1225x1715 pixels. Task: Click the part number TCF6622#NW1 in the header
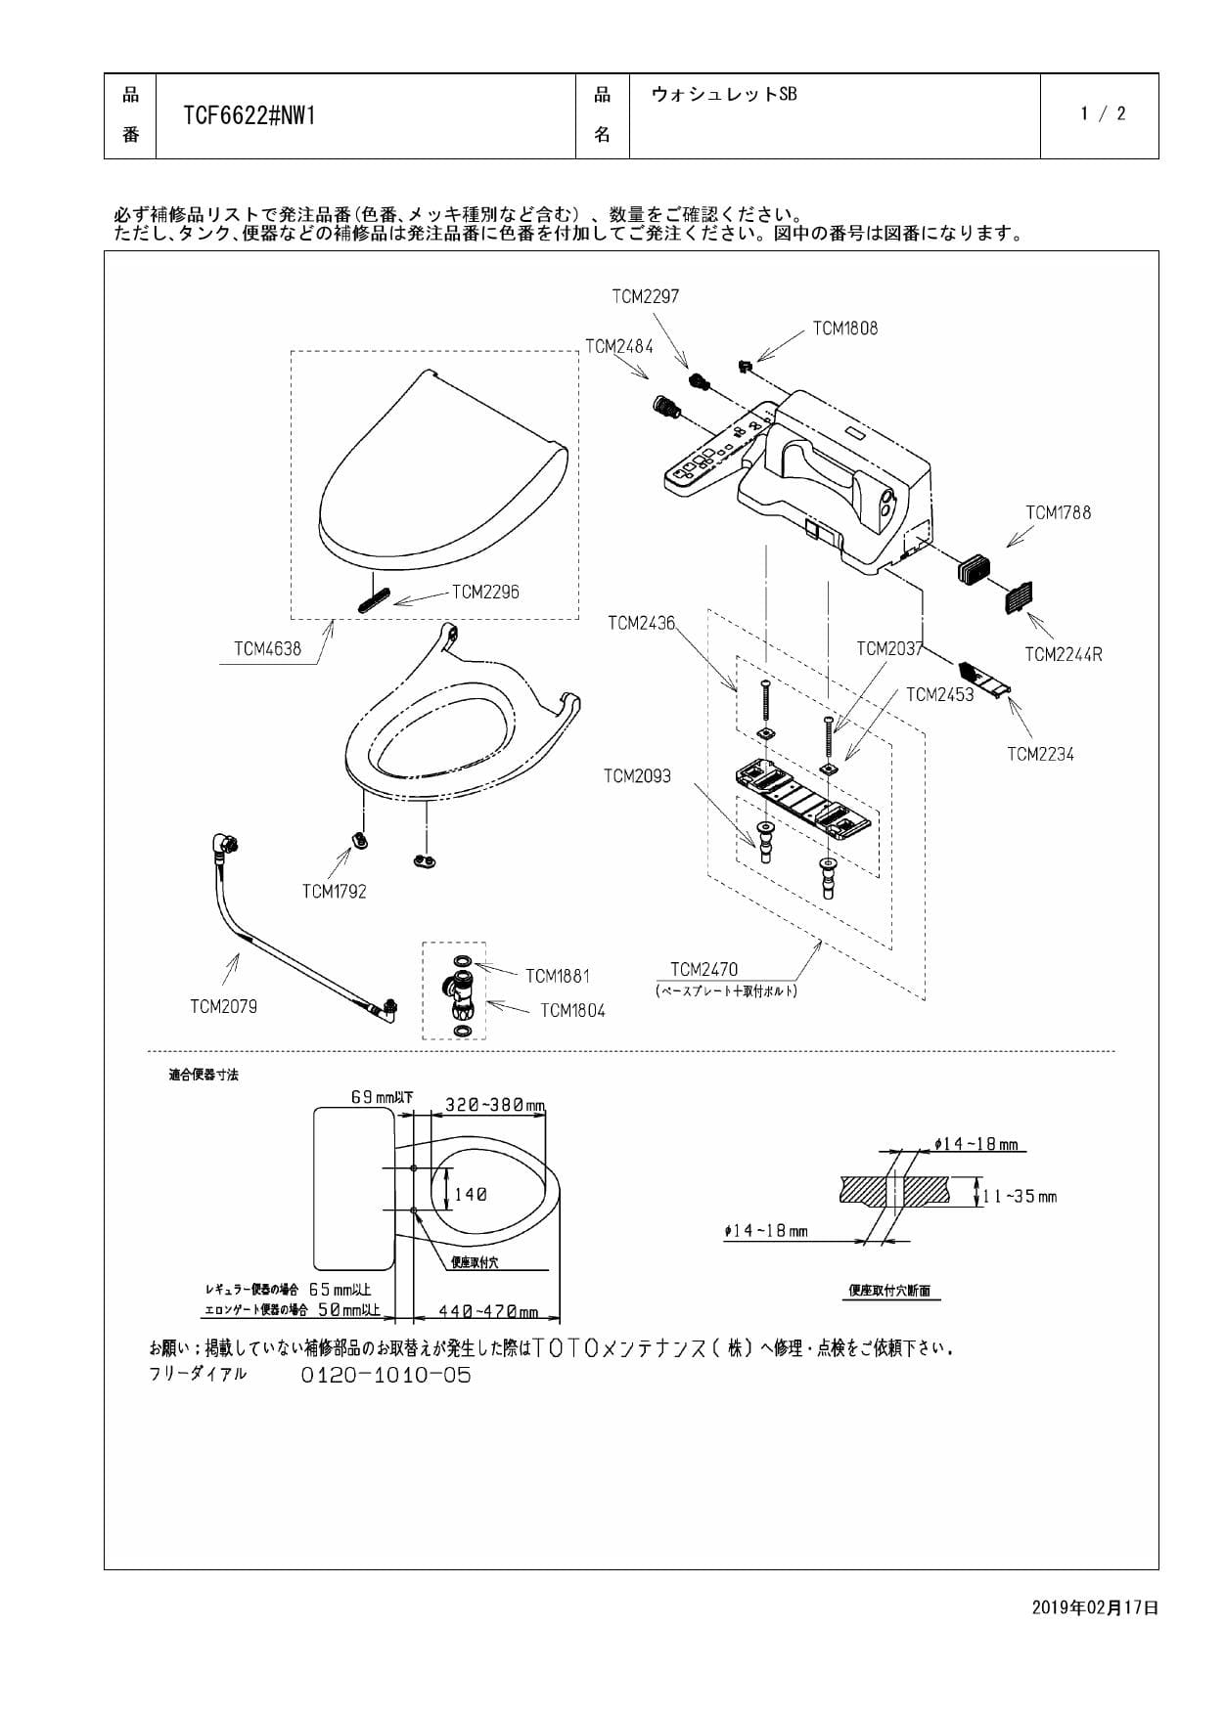250,116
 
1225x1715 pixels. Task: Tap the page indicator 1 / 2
1103,113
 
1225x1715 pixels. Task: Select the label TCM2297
645,296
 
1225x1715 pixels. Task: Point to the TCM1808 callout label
845,329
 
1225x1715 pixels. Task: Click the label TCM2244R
1063,654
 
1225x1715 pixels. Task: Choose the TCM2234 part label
1040,754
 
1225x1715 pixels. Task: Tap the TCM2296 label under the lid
485,592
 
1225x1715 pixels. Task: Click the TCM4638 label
267,648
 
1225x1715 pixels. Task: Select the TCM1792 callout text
334,891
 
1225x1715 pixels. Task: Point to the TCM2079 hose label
223,1006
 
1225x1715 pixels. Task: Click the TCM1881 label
557,976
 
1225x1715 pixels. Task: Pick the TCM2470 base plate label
703,969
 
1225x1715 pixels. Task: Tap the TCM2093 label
637,776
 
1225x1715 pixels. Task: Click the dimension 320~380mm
494,1105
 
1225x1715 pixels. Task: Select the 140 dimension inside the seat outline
471,1194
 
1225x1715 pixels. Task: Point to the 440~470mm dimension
488,1311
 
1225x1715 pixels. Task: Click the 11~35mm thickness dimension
1021,1196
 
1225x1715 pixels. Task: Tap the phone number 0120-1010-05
386,1375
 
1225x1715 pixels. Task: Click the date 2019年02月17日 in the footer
1095,1606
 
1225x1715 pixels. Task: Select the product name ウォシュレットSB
724,94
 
